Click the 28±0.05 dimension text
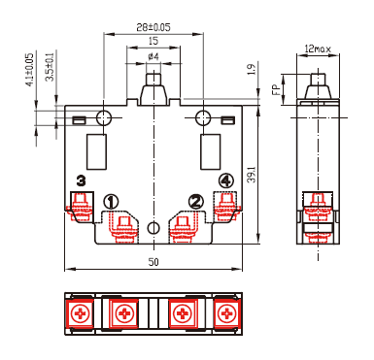coord(153,27)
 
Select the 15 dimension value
coord(153,41)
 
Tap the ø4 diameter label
coord(153,57)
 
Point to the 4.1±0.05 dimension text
coord(29,70)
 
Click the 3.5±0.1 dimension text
coord(50,67)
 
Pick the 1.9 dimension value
coord(252,69)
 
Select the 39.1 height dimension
coord(252,175)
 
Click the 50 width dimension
coord(153,262)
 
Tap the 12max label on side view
coord(318,49)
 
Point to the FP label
coord(276,89)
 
